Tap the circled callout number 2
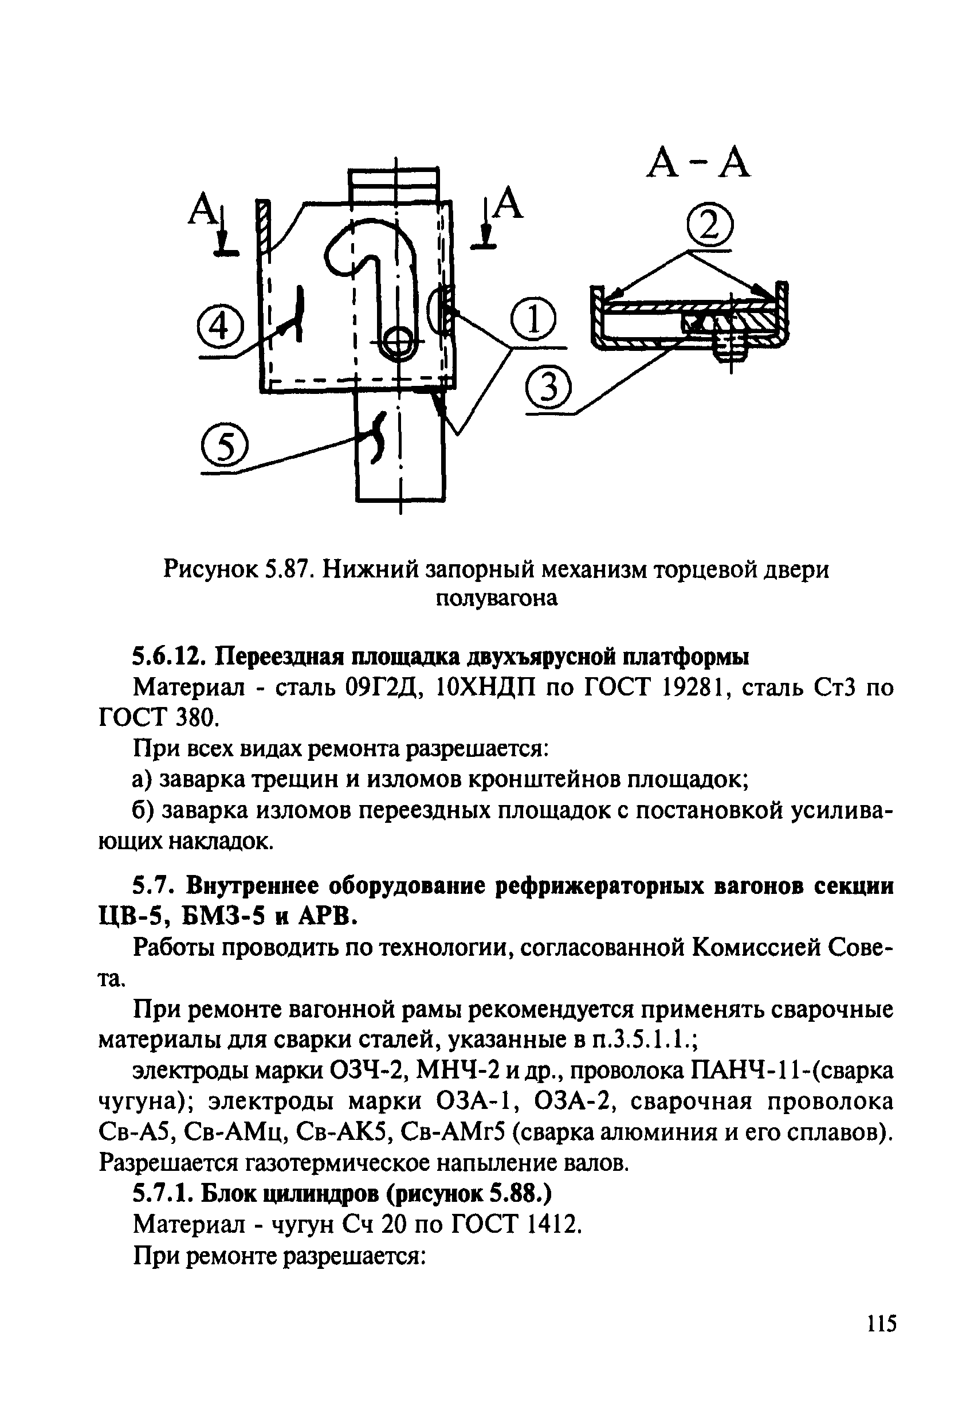pos(709,227)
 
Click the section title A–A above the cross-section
pos(698,164)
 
